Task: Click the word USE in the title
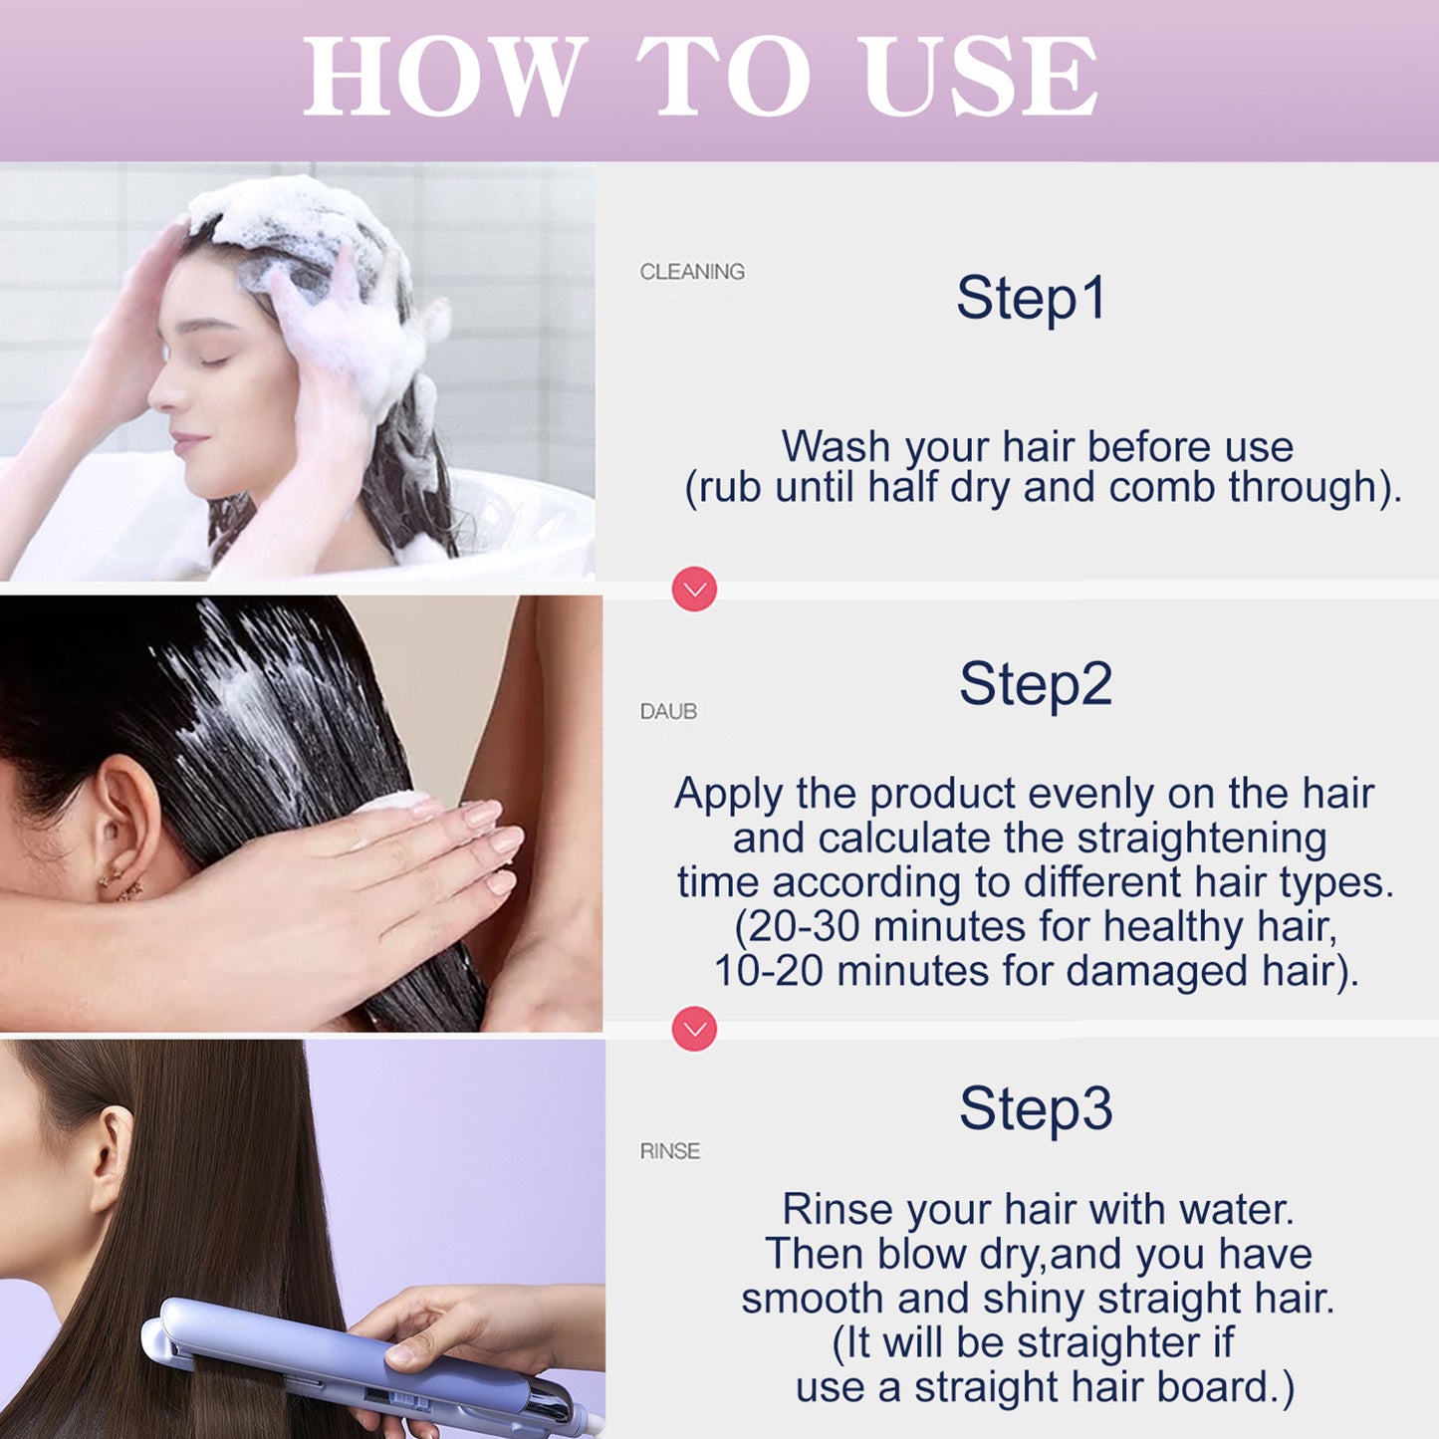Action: pyautogui.click(x=981, y=77)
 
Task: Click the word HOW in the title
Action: pyautogui.click(x=444, y=77)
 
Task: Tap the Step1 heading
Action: pyautogui.click(x=1031, y=298)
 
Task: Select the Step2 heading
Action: pyautogui.click(x=1035, y=684)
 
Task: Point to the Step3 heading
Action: pyautogui.click(x=1035, y=1108)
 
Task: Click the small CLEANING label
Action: pyautogui.click(x=692, y=272)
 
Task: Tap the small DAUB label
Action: pyautogui.click(x=668, y=711)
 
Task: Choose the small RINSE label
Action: pyautogui.click(x=669, y=1151)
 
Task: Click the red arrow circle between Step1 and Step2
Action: pyautogui.click(x=694, y=590)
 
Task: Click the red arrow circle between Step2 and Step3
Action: pyautogui.click(x=694, y=1029)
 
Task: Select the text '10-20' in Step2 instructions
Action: pyautogui.click(x=768, y=971)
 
